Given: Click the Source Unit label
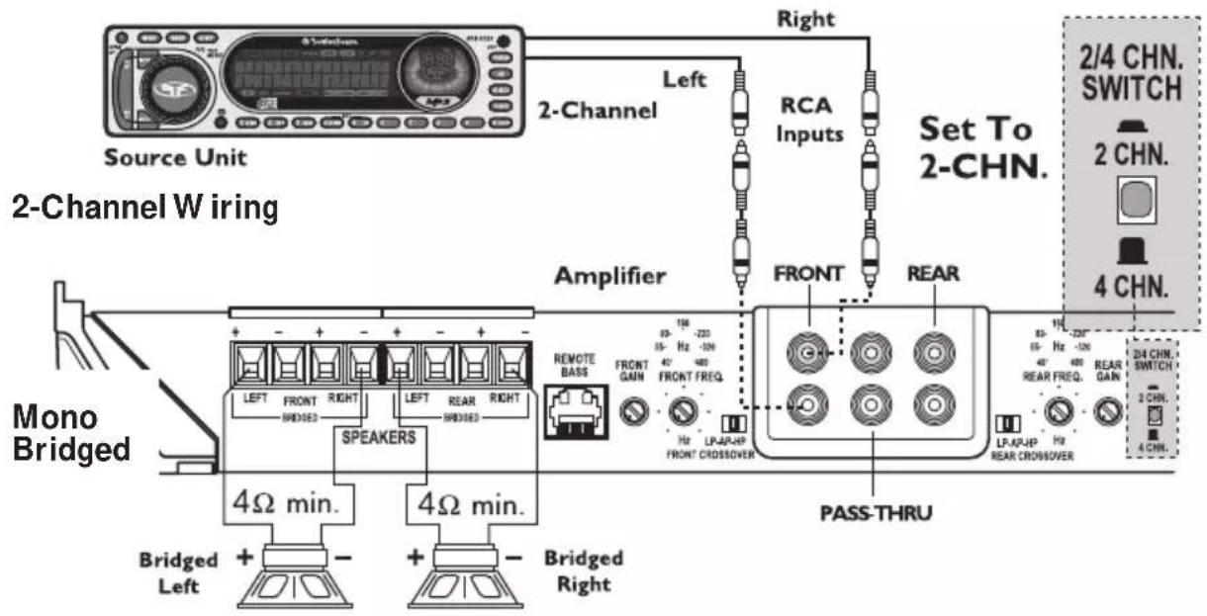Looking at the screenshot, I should [x=175, y=158].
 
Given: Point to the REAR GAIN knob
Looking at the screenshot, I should [x=1107, y=408].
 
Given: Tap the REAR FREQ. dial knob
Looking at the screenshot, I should [x=1061, y=408].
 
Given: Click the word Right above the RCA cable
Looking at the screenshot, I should [x=807, y=17].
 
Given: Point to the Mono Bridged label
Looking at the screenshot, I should [x=70, y=434].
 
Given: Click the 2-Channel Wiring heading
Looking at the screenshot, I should [x=144, y=209].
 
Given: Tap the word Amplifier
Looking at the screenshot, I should [x=608, y=277].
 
